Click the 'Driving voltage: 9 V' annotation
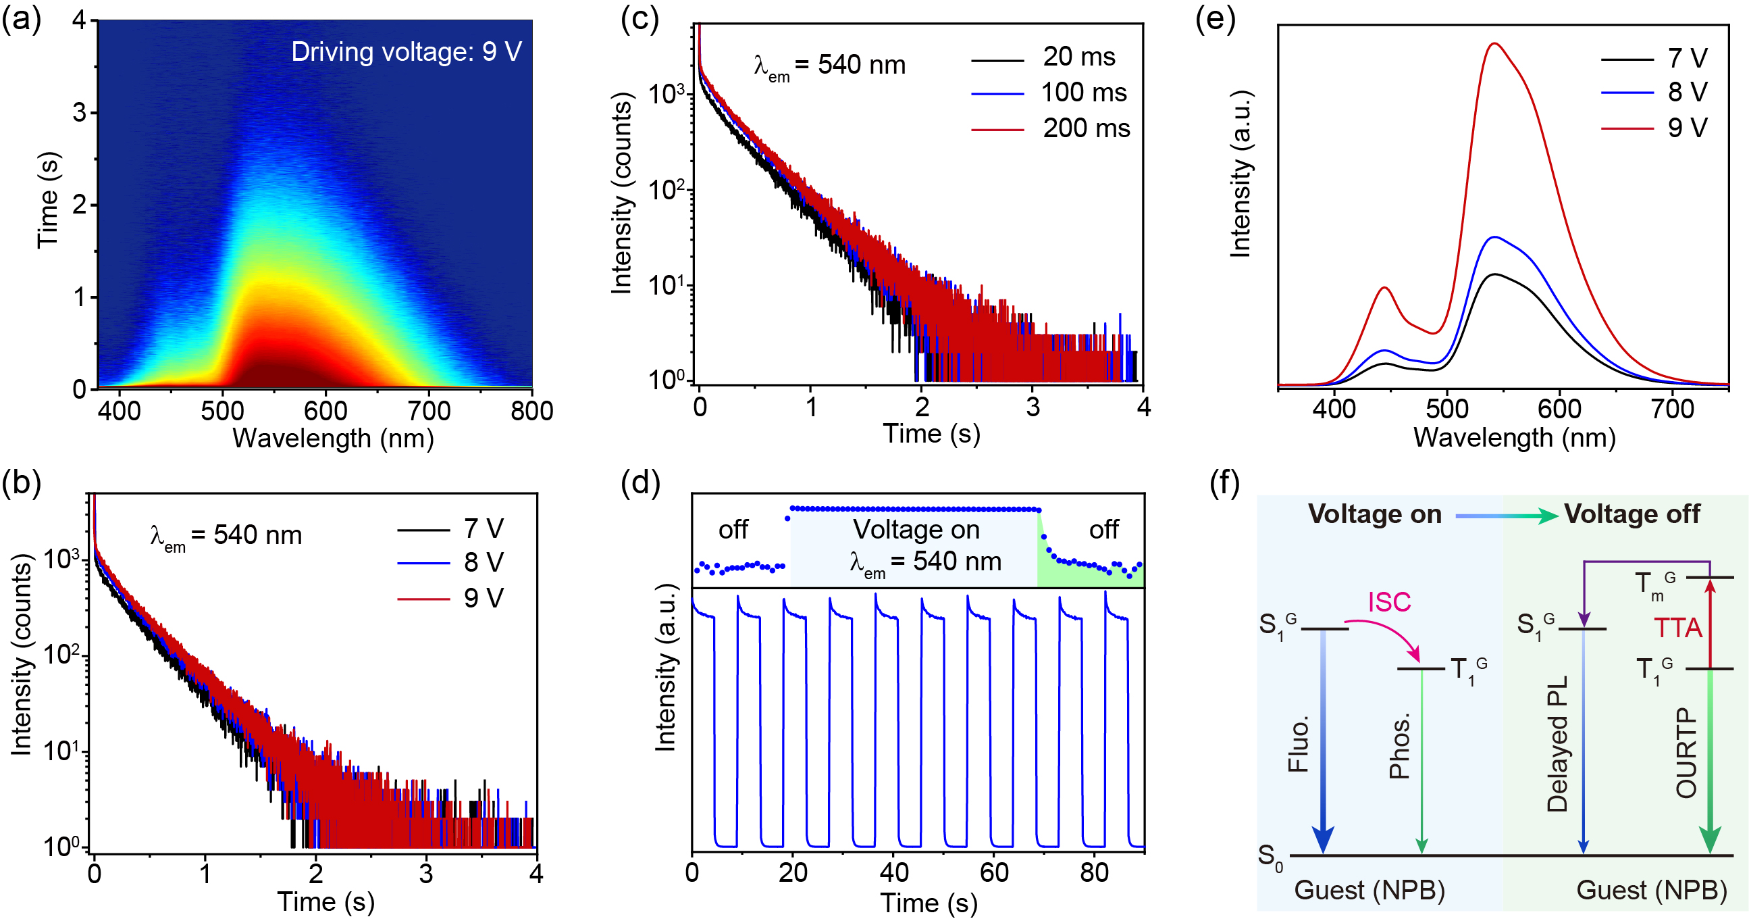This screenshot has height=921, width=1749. point(406,52)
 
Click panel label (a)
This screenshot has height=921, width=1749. point(21,18)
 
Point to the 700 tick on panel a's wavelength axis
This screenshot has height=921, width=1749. point(429,410)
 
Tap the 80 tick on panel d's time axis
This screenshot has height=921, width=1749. point(1094,873)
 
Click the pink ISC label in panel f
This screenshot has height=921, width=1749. point(1389,602)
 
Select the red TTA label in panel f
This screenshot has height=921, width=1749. point(1677,628)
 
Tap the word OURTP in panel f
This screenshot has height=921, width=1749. point(1687,753)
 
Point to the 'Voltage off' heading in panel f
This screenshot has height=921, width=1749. point(1631,514)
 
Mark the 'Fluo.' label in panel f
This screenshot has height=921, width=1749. point(1298,745)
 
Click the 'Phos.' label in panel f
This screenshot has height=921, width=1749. point(1400,746)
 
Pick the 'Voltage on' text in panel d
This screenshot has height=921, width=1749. point(916,529)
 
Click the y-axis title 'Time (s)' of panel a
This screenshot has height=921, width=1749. point(49,201)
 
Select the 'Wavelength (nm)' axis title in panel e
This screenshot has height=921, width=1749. point(1514,437)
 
